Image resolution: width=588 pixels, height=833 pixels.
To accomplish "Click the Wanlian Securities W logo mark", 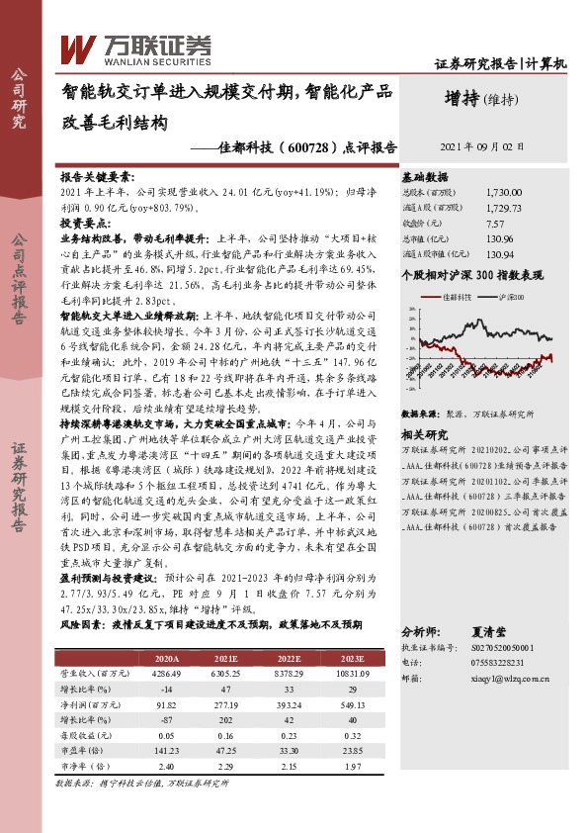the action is pyautogui.click(x=79, y=46).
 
